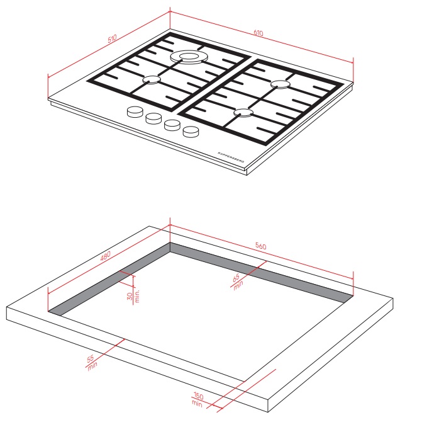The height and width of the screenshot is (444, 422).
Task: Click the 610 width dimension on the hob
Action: coord(258,33)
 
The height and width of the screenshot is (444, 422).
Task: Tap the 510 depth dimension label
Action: coord(112,38)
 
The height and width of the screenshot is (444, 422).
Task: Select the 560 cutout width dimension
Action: coord(260,246)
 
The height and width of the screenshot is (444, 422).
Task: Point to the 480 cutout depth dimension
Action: coord(105,256)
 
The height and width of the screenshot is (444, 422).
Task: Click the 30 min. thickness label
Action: coord(133,296)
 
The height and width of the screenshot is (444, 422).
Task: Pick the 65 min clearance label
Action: coord(237,281)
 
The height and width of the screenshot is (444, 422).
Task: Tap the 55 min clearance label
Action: coord(92,362)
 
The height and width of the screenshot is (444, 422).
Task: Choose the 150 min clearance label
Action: coord(197,399)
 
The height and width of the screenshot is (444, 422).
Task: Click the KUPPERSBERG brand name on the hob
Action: coord(231,157)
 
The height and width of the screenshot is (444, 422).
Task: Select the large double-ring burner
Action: coord(189,57)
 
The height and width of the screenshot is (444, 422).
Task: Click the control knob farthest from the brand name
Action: coord(135,112)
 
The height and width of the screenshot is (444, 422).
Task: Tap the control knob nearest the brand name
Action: coord(191,132)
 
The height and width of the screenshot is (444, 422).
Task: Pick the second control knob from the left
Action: coord(153,118)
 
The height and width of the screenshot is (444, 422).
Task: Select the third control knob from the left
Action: coord(172,125)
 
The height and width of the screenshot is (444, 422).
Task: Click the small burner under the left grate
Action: coord(152,80)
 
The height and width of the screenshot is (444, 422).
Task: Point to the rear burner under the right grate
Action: coord(280,84)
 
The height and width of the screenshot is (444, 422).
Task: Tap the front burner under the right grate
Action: coord(243,112)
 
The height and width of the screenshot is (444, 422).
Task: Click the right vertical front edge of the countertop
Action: coord(268,406)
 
